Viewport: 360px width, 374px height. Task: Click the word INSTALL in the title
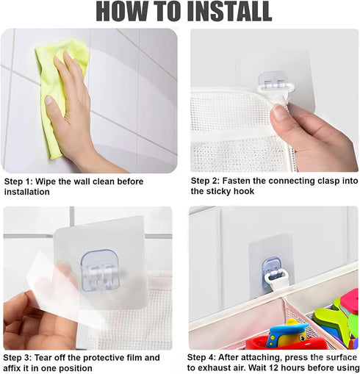pyautogui.click(x=231, y=11)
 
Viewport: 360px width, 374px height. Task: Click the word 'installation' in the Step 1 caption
pyautogui.click(x=27, y=192)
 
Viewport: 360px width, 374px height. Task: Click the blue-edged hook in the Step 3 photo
pyautogui.click(x=101, y=270)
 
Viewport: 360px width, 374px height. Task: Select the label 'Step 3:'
pyautogui.click(x=16, y=358)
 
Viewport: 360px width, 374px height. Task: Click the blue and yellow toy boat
pyautogui.click(x=287, y=334)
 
